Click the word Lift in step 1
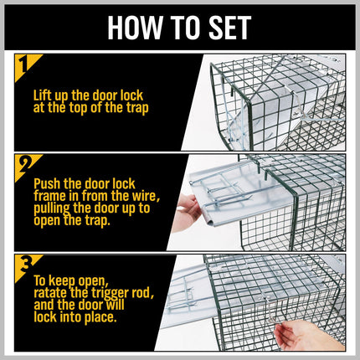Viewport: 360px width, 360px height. [x=44, y=95]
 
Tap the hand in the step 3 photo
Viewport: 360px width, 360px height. [x=306, y=336]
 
